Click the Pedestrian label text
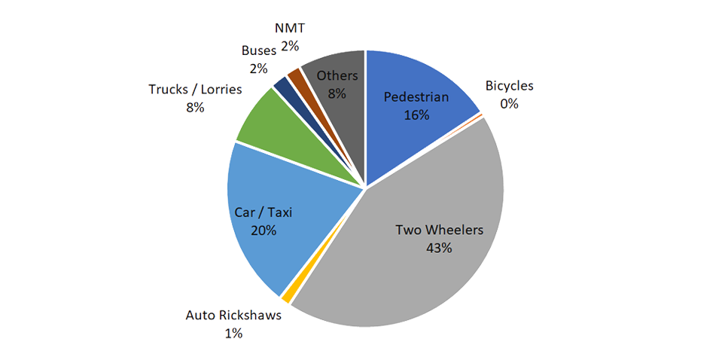coord(416,97)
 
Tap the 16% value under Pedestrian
coord(416,115)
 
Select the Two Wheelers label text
coord(439,230)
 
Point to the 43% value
coord(438,248)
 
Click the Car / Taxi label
coord(263,213)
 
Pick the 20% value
coord(263,230)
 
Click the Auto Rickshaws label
coord(233,315)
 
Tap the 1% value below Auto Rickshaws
coord(233,332)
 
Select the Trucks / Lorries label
coord(195,90)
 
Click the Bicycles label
coord(510,86)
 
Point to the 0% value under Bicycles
coord(510,103)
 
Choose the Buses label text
coord(259,50)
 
